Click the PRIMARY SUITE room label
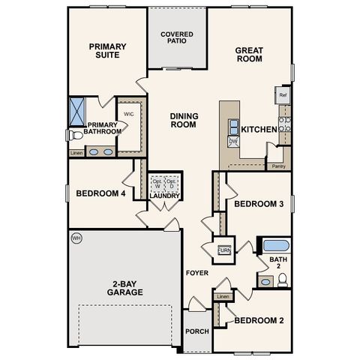click(108, 51)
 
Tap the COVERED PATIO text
click(177, 38)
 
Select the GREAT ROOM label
click(249, 55)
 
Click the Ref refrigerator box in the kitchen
click(283, 95)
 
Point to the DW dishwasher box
click(232, 141)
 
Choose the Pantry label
click(278, 166)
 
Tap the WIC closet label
click(128, 114)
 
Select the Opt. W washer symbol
click(157, 184)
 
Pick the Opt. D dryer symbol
click(172, 184)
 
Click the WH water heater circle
click(76, 238)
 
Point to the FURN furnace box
click(223, 250)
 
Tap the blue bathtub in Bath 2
click(275, 245)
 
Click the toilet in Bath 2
click(282, 280)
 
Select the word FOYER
click(197, 273)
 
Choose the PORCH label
click(198, 331)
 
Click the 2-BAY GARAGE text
click(125, 287)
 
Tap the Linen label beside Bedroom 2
click(223, 297)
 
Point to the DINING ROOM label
click(183, 120)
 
